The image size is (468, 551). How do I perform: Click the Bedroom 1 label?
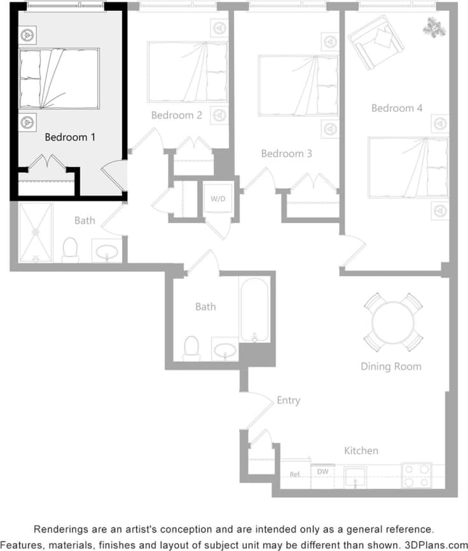(x=70, y=137)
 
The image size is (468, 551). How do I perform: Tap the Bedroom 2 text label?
(x=177, y=115)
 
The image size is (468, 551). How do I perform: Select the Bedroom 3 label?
(x=287, y=154)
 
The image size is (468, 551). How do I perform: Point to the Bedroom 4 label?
(x=397, y=108)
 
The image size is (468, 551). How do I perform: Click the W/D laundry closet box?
(x=218, y=199)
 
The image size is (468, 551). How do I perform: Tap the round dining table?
(x=393, y=322)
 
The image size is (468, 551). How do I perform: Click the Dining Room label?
(x=390, y=366)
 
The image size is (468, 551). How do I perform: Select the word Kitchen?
(x=361, y=451)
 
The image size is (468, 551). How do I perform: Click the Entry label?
(x=288, y=400)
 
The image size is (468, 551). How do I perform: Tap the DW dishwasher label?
(x=323, y=472)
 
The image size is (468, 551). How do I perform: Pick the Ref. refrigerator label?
(x=295, y=474)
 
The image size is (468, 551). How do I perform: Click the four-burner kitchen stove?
(x=416, y=476)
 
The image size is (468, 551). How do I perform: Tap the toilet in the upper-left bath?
(x=70, y=250)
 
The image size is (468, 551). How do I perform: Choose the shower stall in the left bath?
(x=36, y=233)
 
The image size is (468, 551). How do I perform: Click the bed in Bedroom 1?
(x=59, y=78)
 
